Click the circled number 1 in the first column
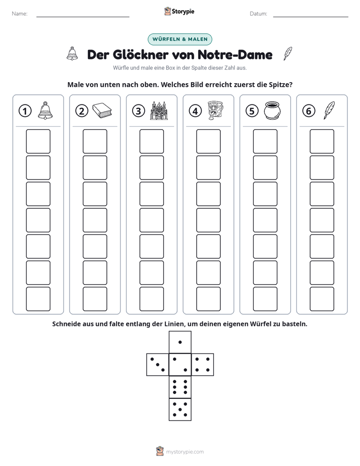pos(25,111)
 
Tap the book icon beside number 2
pos(102,110)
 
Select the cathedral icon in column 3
pos(159,110)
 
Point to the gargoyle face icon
pos(215,110)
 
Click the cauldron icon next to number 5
pos(272,110)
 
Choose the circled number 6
pos(309,111)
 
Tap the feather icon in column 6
pos(329,110)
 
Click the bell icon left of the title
pos(72,54)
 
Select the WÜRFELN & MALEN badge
pos(180,39)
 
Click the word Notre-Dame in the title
pos(235,54)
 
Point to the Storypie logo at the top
pos(179,11)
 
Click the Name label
pos(20,14)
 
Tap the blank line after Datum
pos(311,17)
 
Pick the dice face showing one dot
pos(180,342)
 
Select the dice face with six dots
pos(180,387)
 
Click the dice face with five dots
pos(180,410)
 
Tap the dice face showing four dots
pos(203,365)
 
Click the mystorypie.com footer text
pos(185,452)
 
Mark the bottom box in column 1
pos(38,299)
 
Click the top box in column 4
pos(209,141)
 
